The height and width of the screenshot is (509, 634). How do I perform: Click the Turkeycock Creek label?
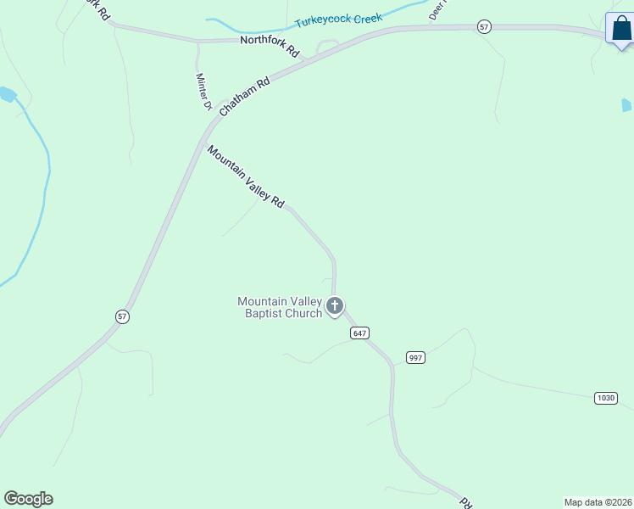338,20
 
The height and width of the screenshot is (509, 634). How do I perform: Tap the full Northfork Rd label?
270,45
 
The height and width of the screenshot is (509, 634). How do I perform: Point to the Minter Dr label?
203,92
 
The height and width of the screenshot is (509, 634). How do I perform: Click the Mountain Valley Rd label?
246,176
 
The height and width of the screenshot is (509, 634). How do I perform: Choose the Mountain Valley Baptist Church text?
280,307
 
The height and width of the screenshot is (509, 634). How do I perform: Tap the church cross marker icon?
335,306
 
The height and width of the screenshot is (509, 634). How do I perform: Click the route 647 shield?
359,333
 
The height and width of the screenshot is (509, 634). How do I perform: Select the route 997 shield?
414,357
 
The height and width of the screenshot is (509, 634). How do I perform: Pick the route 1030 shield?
605,398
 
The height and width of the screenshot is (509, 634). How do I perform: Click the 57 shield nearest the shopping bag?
484,27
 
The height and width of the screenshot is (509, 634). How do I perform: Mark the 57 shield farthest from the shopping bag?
123,316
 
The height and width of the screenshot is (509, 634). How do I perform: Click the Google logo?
28,499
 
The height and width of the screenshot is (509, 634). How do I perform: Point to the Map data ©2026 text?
598,502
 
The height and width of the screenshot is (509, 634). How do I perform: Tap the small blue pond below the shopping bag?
626,105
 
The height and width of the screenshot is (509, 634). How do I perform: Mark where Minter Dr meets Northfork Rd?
197,41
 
